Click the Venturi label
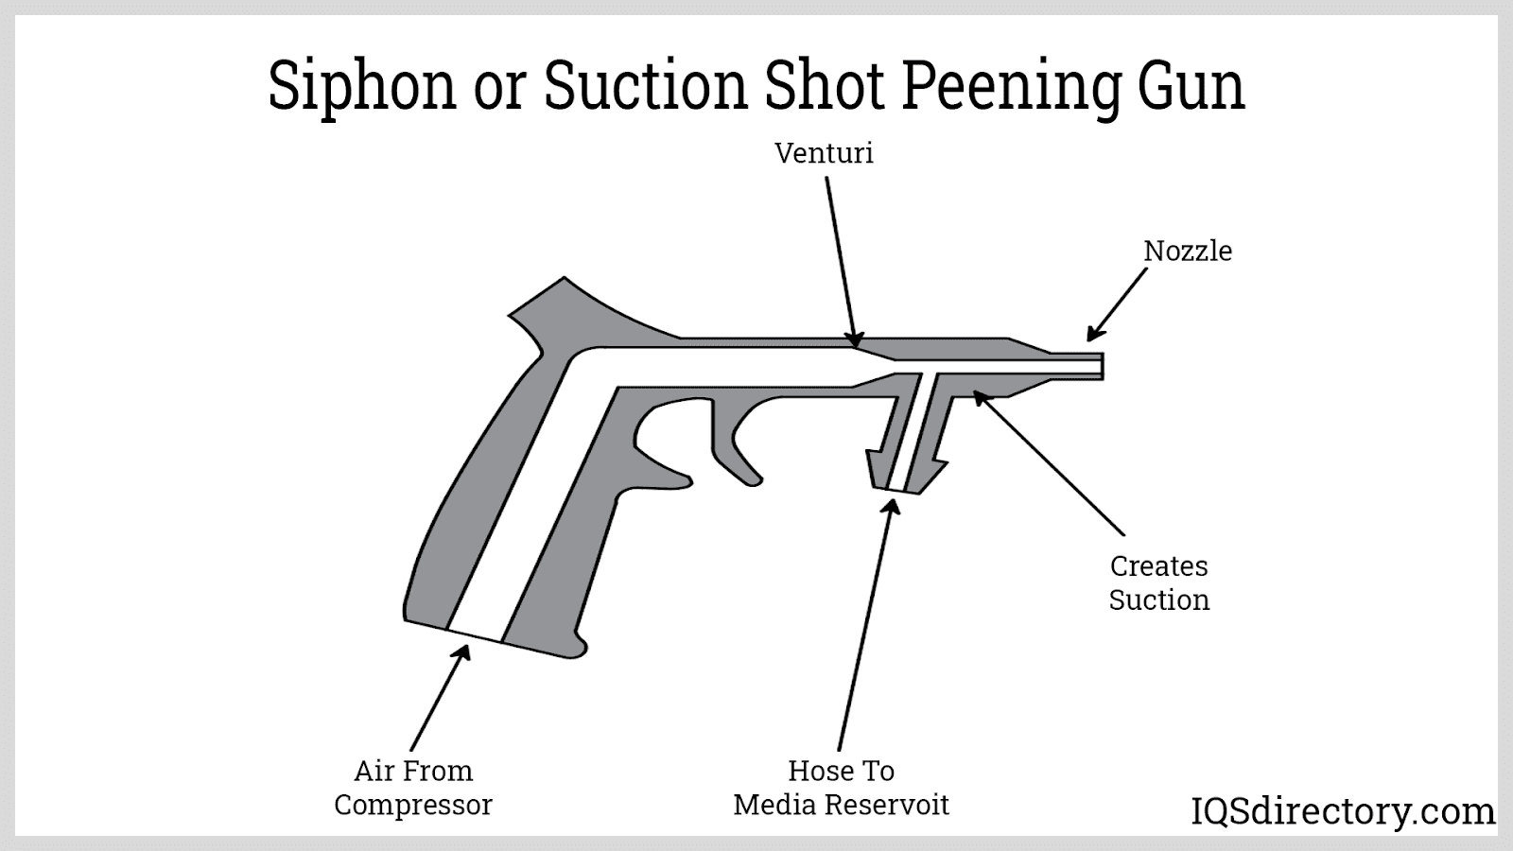coord(824,153)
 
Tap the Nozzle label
coord(1188,251)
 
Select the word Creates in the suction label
coord(1158,566)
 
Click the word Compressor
coord(413,805)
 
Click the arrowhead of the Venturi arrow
coord(855,340)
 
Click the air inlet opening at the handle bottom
coord(475,635)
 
